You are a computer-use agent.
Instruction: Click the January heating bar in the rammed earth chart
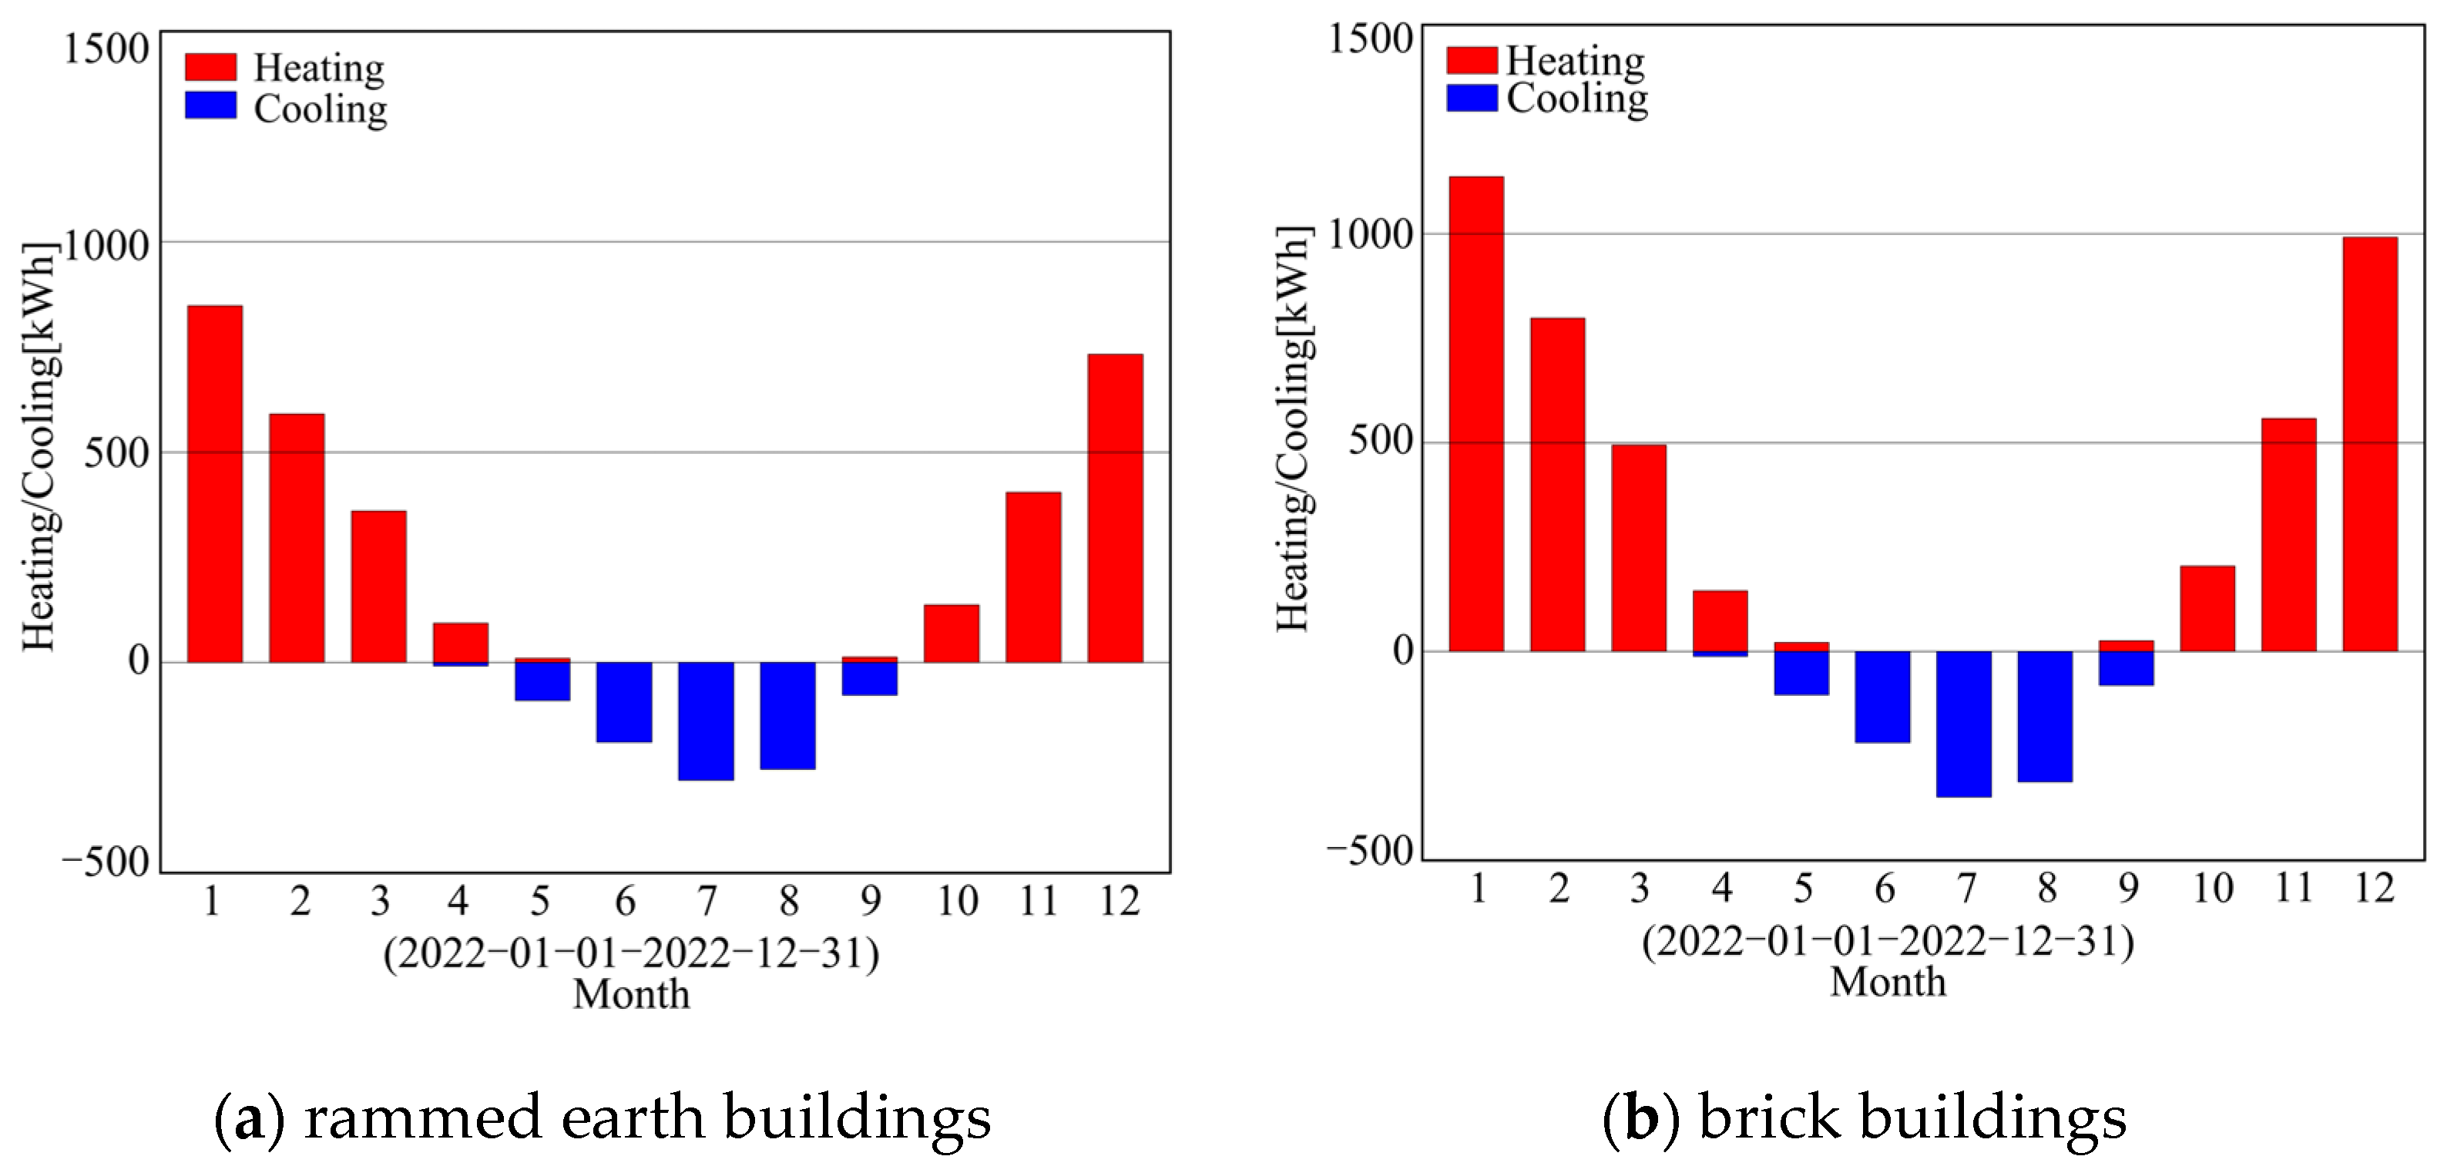pos(214,484)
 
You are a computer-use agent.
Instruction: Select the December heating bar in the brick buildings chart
pos(2369,444)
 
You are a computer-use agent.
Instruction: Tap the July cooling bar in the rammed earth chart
pos(706,721)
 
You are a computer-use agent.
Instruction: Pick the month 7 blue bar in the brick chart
pos(1964,724)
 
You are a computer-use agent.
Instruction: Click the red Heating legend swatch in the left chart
pos(210,68)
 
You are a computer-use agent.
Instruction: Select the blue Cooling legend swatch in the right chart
pos(1472,98)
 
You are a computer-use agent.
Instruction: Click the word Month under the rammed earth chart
pos(631,995)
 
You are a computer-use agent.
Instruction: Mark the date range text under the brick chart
pos(1887,943)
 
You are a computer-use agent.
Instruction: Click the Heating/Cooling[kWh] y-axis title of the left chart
pos(41,448)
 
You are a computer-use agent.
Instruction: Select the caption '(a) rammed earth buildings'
pos(602,1118)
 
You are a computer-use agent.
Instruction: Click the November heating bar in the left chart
pos(1032,577)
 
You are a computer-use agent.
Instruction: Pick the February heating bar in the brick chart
pos(1558,485)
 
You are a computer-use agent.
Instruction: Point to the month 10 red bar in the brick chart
pos(2207,609)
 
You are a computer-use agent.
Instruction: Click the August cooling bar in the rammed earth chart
pos(788,716)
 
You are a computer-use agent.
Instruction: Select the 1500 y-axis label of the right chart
pos(1370,40)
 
